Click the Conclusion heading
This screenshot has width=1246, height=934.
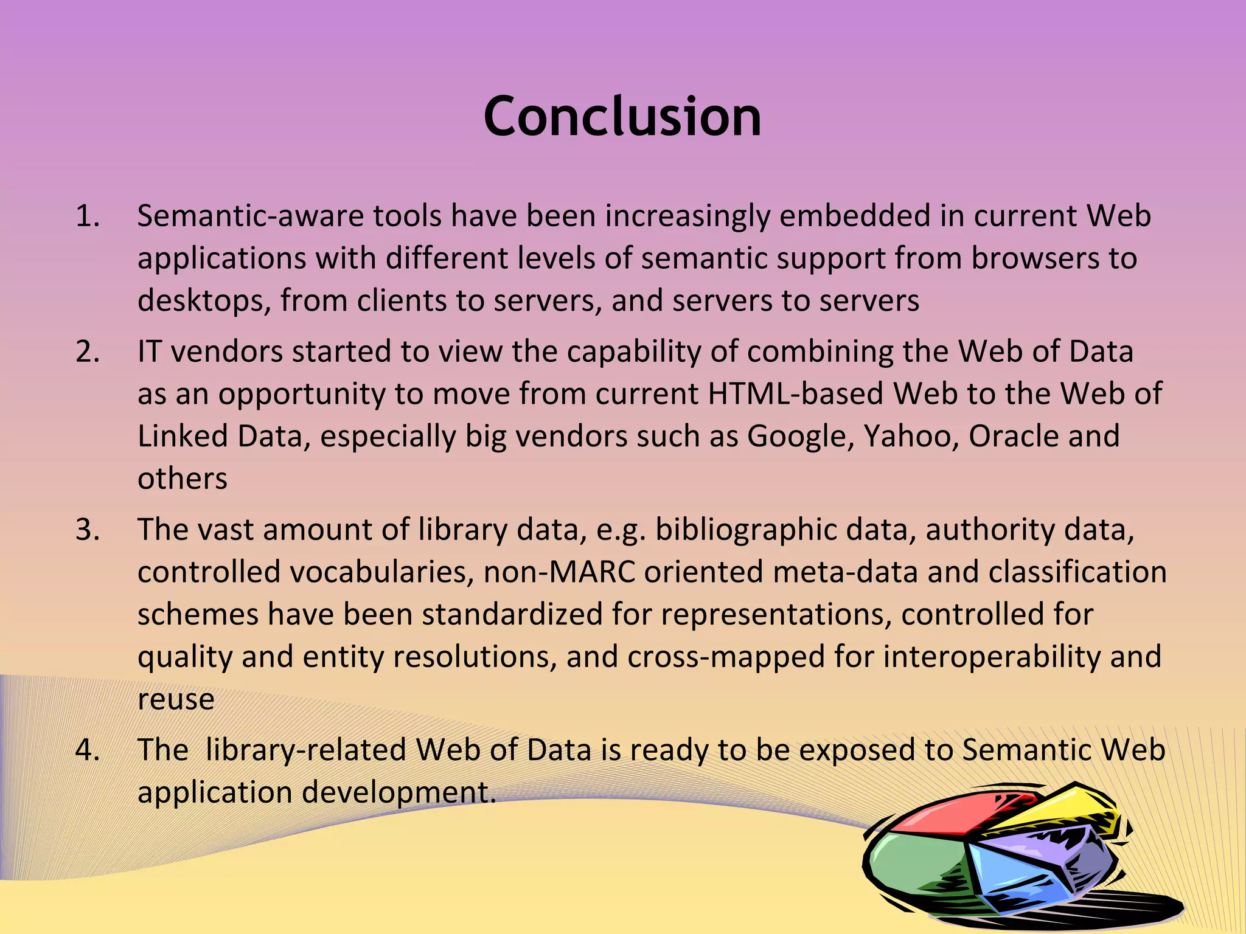tap(622, 117)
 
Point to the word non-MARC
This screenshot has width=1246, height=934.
tap(559, 573)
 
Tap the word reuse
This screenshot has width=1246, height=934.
tap(176, 699)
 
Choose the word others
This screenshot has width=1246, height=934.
tap(182, 479)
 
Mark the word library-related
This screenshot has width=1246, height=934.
tap(305, 750)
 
